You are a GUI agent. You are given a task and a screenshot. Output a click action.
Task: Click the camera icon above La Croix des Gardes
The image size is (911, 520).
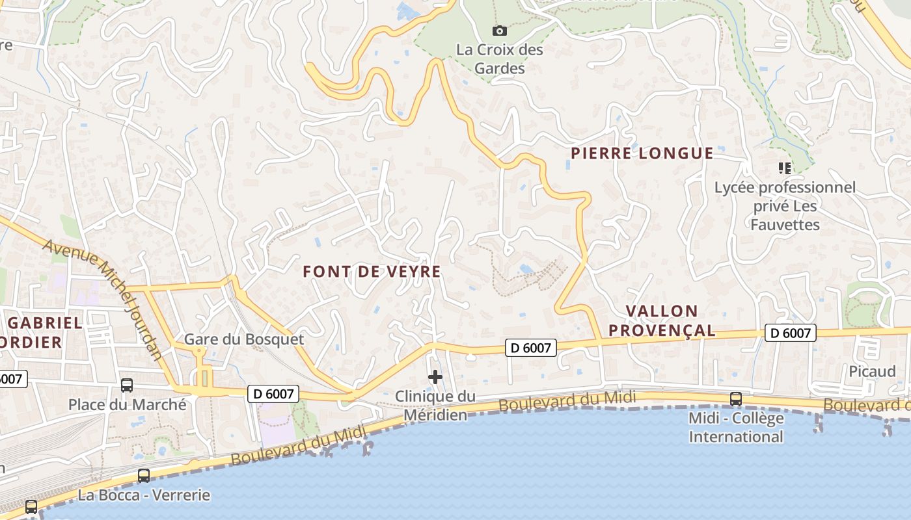[x=500, y=31]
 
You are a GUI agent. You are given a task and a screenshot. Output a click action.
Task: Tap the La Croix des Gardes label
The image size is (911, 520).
[x=500, y=58]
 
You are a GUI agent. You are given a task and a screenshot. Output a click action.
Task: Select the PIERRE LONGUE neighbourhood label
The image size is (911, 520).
[x=642, y=153]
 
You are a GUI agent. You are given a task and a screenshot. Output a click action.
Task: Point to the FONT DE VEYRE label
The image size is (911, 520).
[x=372, y=272]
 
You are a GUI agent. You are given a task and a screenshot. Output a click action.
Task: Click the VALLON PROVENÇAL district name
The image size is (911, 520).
[x=662, y=320]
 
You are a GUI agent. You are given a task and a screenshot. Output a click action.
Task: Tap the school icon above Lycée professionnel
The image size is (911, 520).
[x=785, y=168]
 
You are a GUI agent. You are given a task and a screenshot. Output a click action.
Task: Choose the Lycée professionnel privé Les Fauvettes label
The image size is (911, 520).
[x=785, y=206]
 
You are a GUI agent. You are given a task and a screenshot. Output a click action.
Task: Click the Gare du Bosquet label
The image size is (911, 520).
[x=244, y=339]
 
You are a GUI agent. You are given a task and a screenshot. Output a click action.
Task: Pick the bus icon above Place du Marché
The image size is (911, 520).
[x=127, y=385]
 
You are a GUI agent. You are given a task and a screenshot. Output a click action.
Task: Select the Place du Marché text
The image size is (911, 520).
[x=128, y=405]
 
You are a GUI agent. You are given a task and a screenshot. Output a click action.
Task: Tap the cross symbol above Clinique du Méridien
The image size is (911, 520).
[x=435, y=377]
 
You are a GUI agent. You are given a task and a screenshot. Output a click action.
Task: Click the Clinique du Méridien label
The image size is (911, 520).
[x=435, y=405]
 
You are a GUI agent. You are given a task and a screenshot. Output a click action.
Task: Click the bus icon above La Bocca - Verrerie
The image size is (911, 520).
[x=144, y=476]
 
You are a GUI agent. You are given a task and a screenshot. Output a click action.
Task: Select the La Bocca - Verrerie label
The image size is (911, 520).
[x=144, y=495]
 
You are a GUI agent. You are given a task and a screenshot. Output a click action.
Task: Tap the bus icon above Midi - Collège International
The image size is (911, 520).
[x=736, y=399]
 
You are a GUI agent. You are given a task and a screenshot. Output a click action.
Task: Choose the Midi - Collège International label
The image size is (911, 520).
[x=736, y=427]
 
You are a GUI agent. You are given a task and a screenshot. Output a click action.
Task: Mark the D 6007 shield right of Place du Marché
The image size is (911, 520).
[x=273, y=393]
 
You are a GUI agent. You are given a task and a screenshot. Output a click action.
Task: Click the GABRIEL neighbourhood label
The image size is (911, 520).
[x=46, y=323]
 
